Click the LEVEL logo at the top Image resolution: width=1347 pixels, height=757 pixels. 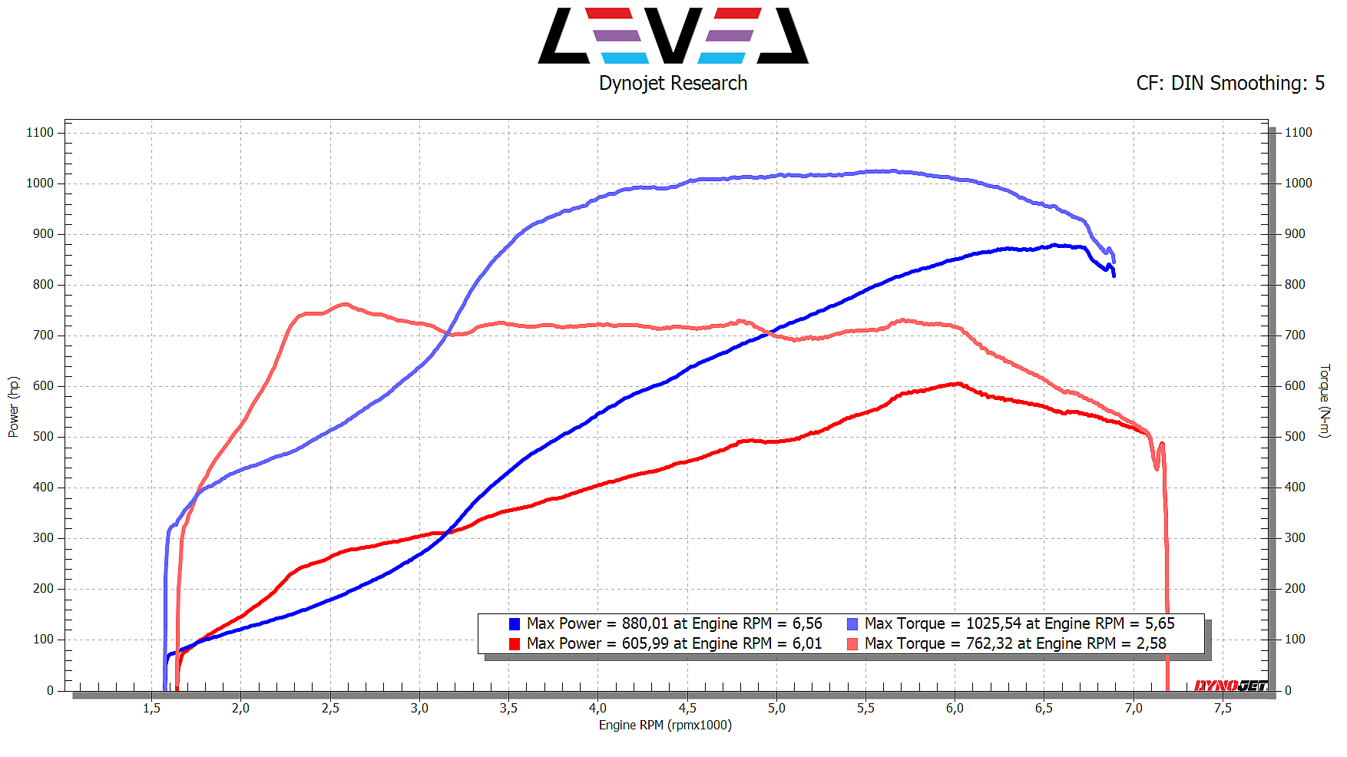tap(673, 36)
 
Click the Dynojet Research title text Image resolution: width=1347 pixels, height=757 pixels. tap(673, 83)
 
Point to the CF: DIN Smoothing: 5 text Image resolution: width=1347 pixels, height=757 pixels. tap(1230, 83)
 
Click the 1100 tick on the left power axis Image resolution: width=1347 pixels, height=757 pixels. tap(40, 133)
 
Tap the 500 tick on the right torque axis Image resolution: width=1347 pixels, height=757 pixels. tap(1295, 437)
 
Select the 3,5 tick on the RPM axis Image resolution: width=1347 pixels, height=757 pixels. tap(508, 709)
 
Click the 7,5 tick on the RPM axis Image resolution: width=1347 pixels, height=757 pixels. tap(1223, 709)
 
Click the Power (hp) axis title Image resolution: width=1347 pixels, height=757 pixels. tap(13, 407)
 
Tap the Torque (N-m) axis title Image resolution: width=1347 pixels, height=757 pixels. tap(1324, 401)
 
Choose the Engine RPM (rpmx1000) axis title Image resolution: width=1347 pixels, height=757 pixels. tap(665, 726)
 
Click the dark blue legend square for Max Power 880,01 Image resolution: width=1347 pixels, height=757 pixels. tap(515, 624)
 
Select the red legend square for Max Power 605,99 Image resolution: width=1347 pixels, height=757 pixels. tap(515, 644)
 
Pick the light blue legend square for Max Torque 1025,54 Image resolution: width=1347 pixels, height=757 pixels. tap(852, 624)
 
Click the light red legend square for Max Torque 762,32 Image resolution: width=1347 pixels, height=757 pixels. tap(852, 644)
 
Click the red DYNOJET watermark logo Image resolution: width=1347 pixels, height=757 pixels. tap(1230, 685)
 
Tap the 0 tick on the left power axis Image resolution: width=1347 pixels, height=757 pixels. tap(50, 690)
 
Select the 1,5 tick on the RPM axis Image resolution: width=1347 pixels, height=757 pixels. tap(151, 709)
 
